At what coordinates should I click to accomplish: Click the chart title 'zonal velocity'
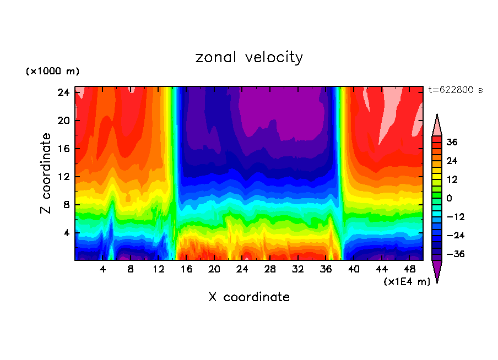(x=249, y=57)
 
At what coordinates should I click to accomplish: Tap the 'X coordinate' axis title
(x=249, y=297)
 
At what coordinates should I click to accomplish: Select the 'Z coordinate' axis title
(x=46, y=173)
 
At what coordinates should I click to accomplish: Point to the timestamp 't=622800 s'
(x=455, y=90)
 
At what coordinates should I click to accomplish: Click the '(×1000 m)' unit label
(x=52, y=72)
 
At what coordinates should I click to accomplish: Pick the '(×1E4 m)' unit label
(x=407, y=281)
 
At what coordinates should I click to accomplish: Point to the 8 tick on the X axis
(x=131, y=269)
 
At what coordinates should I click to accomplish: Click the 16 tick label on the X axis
(x=186, y=269)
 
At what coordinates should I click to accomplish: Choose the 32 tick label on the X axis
(x=297, y=269)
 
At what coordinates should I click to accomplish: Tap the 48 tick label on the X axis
(x=409, y=269)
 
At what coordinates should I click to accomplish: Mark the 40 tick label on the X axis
(x=353, y=269)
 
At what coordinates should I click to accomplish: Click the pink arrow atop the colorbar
(x=437, y=125)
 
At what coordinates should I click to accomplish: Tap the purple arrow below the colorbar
(x=437, y=271)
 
